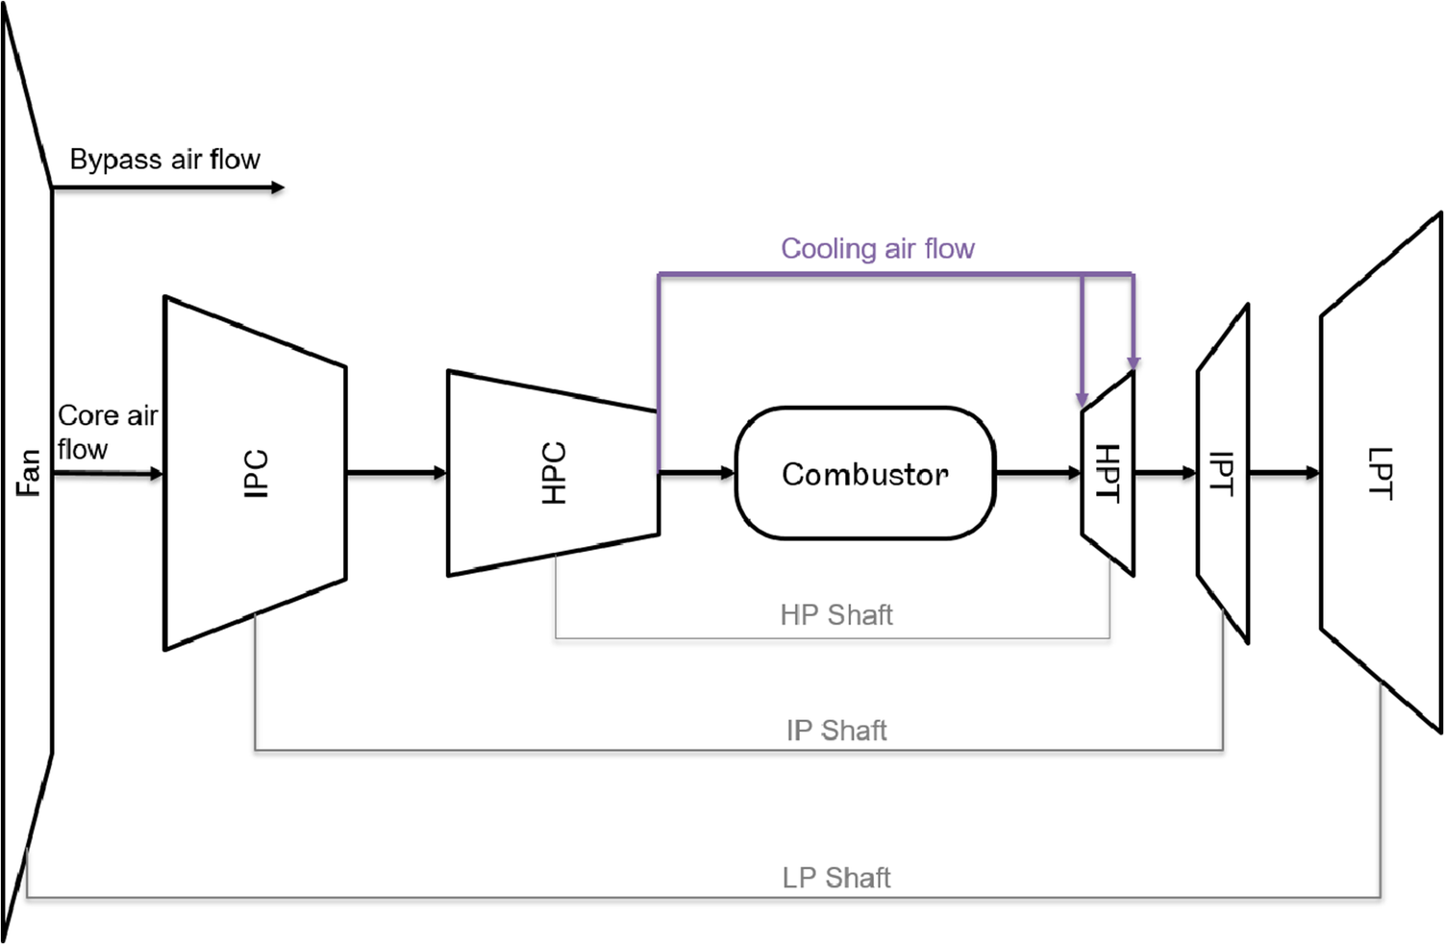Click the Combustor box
[865, 473]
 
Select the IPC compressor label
[256, 473]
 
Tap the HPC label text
[554, 473]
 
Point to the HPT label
[1108, 473]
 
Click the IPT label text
[1220, 473]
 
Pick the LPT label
[1380, 473]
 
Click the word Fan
[28, 473]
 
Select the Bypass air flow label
[164, 159]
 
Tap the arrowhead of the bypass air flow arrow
[278, 187]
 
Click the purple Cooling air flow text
[877, 249]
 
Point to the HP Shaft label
[836, 615]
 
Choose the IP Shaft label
[836, 731]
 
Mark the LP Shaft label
[836, 878]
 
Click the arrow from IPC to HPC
[396, 473]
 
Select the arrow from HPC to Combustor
[697, 473]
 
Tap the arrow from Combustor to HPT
[1038, 473]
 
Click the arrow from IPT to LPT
[1284, 473]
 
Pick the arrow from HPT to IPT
[1165, 473]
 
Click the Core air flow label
[106, 432]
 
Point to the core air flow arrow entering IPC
[108, 474]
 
